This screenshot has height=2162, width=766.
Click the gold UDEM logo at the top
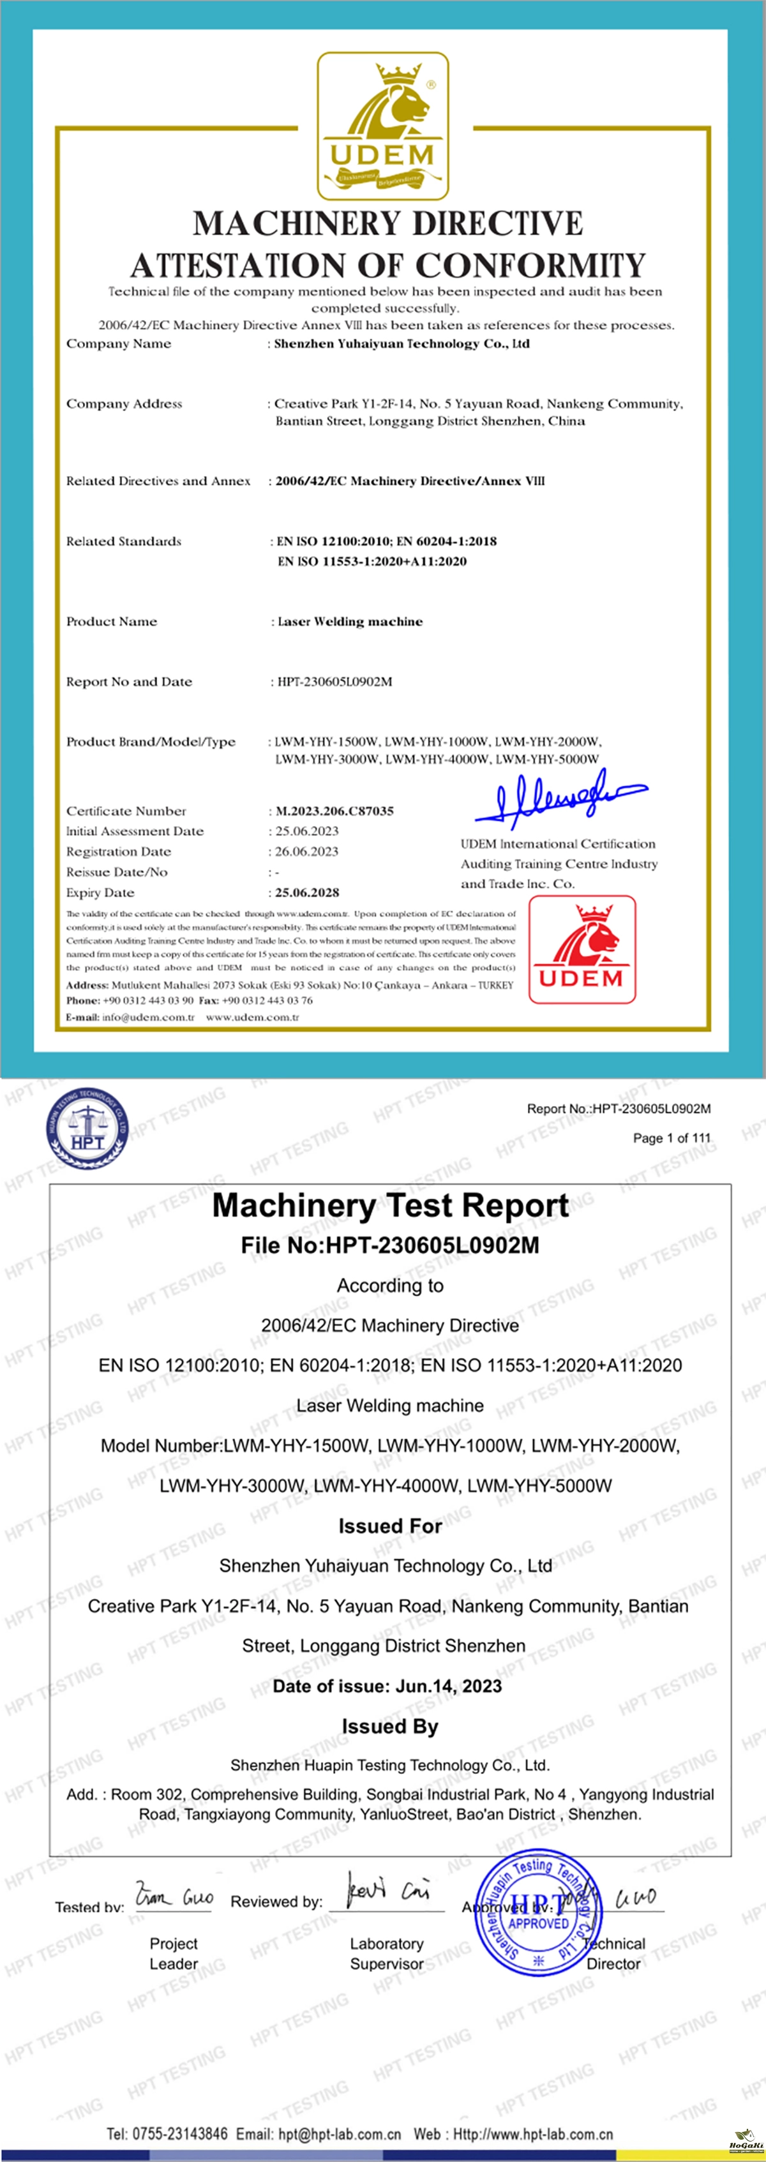[382, 125]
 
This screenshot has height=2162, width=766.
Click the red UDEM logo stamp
[582, 949]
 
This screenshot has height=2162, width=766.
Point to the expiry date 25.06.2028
[307, 892]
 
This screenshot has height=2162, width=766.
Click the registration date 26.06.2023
[307, 851]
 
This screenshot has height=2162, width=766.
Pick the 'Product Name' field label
[112, 621]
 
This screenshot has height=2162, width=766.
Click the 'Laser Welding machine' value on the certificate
[350, 621]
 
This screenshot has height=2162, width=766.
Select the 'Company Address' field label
[124, 403]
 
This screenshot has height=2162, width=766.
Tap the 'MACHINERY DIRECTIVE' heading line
[387, 223]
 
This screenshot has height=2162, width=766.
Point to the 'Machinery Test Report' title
[390, 1205]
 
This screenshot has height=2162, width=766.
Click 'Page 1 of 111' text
[671, 1138]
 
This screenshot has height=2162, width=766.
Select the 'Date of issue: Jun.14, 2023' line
[387, 1686]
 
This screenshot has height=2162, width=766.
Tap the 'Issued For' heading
[390, 1526]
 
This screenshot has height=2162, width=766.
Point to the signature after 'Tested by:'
[174, 1898]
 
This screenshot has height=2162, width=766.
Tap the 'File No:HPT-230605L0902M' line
[390, 1245]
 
